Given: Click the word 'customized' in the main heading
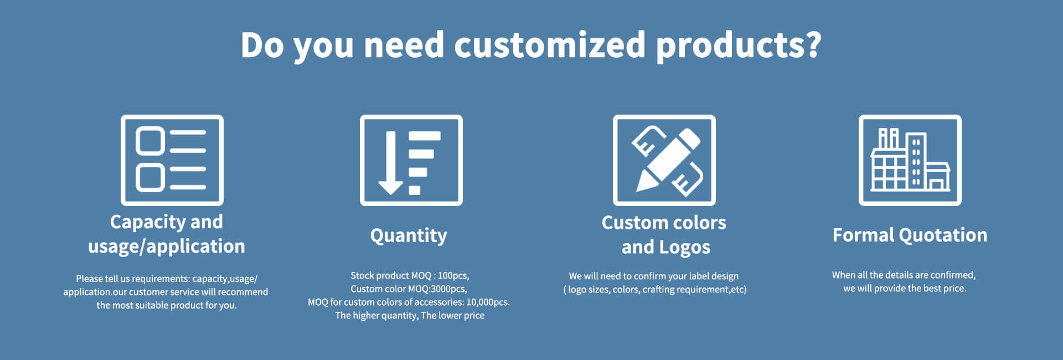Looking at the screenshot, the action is click(x=550, y=44).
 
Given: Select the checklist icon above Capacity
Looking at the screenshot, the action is click(x=172, y=160).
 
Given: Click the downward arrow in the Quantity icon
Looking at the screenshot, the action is click(x=391, y=163).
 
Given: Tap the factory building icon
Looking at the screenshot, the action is click(x=910, y=160).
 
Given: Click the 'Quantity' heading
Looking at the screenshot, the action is click(x=409, y=235).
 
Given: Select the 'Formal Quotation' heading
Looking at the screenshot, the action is click(x=910, y=235).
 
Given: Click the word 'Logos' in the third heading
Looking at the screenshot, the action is click(x=685, y=247).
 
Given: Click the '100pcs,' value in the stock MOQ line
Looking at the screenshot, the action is click(x=453, y=275).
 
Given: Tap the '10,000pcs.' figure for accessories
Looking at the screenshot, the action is click(x=488, y=302).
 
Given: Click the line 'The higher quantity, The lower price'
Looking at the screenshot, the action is click(x=410, y=315).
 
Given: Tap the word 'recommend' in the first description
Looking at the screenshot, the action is click(x=242, y=292).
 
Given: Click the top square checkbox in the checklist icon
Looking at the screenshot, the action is click(x=150, y=141).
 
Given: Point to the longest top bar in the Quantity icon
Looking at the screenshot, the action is click(x=425, y=136).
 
